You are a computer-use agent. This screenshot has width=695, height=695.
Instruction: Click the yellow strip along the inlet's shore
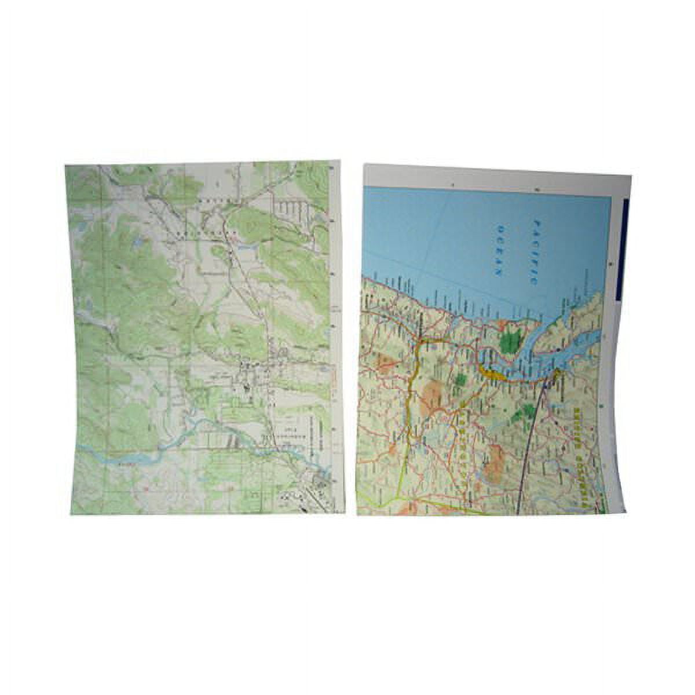[x=491, y=371]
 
